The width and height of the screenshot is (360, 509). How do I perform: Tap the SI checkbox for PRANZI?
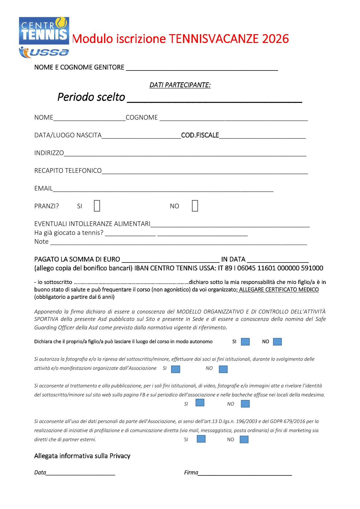click(x=97, y=206)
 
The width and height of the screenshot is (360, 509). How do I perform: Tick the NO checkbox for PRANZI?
click(x=195, y=206)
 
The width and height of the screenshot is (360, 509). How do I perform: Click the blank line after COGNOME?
click(x=233, y=118)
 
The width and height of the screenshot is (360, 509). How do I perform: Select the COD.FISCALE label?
click(x=200, y=135)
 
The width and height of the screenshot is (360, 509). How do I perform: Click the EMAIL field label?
click(x=44, y=188)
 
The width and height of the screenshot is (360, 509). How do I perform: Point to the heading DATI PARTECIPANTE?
click(x=180, y=85)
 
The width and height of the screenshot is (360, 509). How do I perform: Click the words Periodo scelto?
click(x=91, y=97)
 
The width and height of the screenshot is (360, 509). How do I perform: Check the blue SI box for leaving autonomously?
click(x=245, y=342)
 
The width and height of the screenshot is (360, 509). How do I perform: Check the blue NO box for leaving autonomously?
click(x=277, y=342)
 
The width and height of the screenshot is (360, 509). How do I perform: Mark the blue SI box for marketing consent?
click(x=201, y=439)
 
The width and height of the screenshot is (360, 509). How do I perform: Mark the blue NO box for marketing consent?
click(x=244, y=439)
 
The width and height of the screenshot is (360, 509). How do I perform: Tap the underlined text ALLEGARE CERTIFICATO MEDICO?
click(x=279, y=289)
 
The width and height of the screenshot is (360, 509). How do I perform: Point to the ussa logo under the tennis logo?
click(x=44, y=52)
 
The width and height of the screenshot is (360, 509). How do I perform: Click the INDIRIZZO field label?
click(x=49, y=153)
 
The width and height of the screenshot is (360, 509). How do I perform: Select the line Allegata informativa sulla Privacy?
click(x=82, y=456)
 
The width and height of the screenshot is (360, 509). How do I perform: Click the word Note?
click(x=41, y=241)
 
